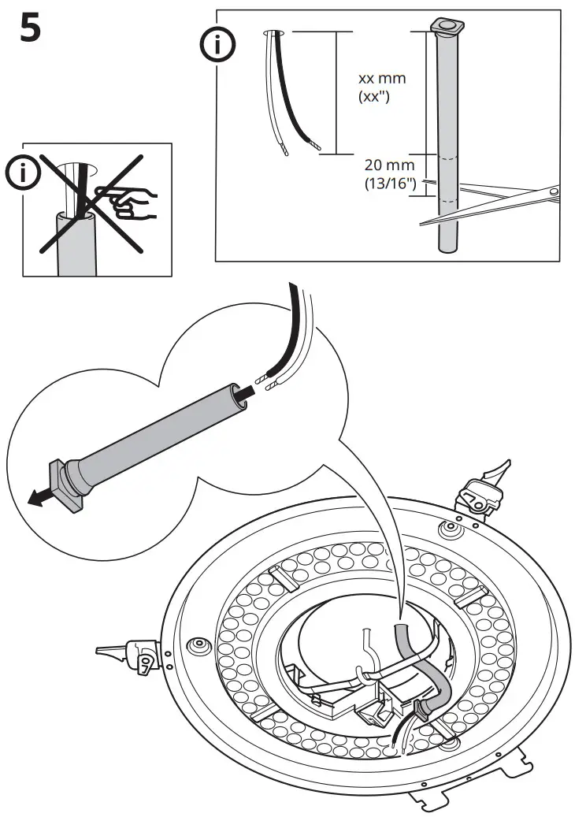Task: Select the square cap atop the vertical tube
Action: pos(447,26)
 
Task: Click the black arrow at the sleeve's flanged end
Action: pos(40,497)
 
